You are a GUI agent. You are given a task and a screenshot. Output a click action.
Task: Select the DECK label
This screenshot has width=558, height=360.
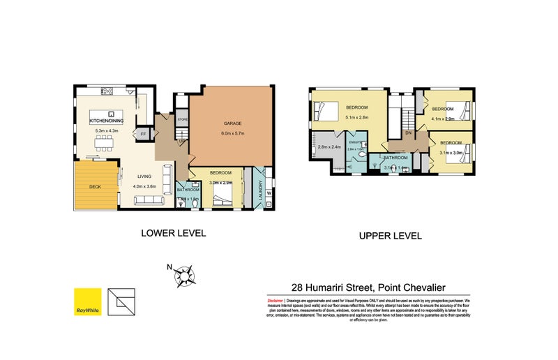point(95,187)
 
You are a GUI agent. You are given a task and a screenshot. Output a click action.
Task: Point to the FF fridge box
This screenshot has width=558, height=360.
point(144,133)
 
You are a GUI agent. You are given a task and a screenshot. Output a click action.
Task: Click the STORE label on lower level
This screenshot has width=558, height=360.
point(182,119)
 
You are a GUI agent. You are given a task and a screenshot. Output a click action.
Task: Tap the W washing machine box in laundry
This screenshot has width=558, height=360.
point(268,193)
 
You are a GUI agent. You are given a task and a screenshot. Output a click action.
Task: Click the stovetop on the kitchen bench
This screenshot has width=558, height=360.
point(107,90)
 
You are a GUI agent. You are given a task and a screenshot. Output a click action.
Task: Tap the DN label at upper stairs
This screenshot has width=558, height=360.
point(409,133)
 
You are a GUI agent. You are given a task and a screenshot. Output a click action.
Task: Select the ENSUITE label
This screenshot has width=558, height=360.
point(356,142)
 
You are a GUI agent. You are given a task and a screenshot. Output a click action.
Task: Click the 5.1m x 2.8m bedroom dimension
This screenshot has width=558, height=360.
point(356,117)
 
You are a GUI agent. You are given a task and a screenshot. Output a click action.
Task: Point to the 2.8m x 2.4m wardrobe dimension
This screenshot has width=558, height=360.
point(329,147)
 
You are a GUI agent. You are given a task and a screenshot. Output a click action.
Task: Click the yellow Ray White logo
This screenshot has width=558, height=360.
point(88,301)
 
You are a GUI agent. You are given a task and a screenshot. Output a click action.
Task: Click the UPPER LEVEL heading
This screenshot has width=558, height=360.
point(390,236)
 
